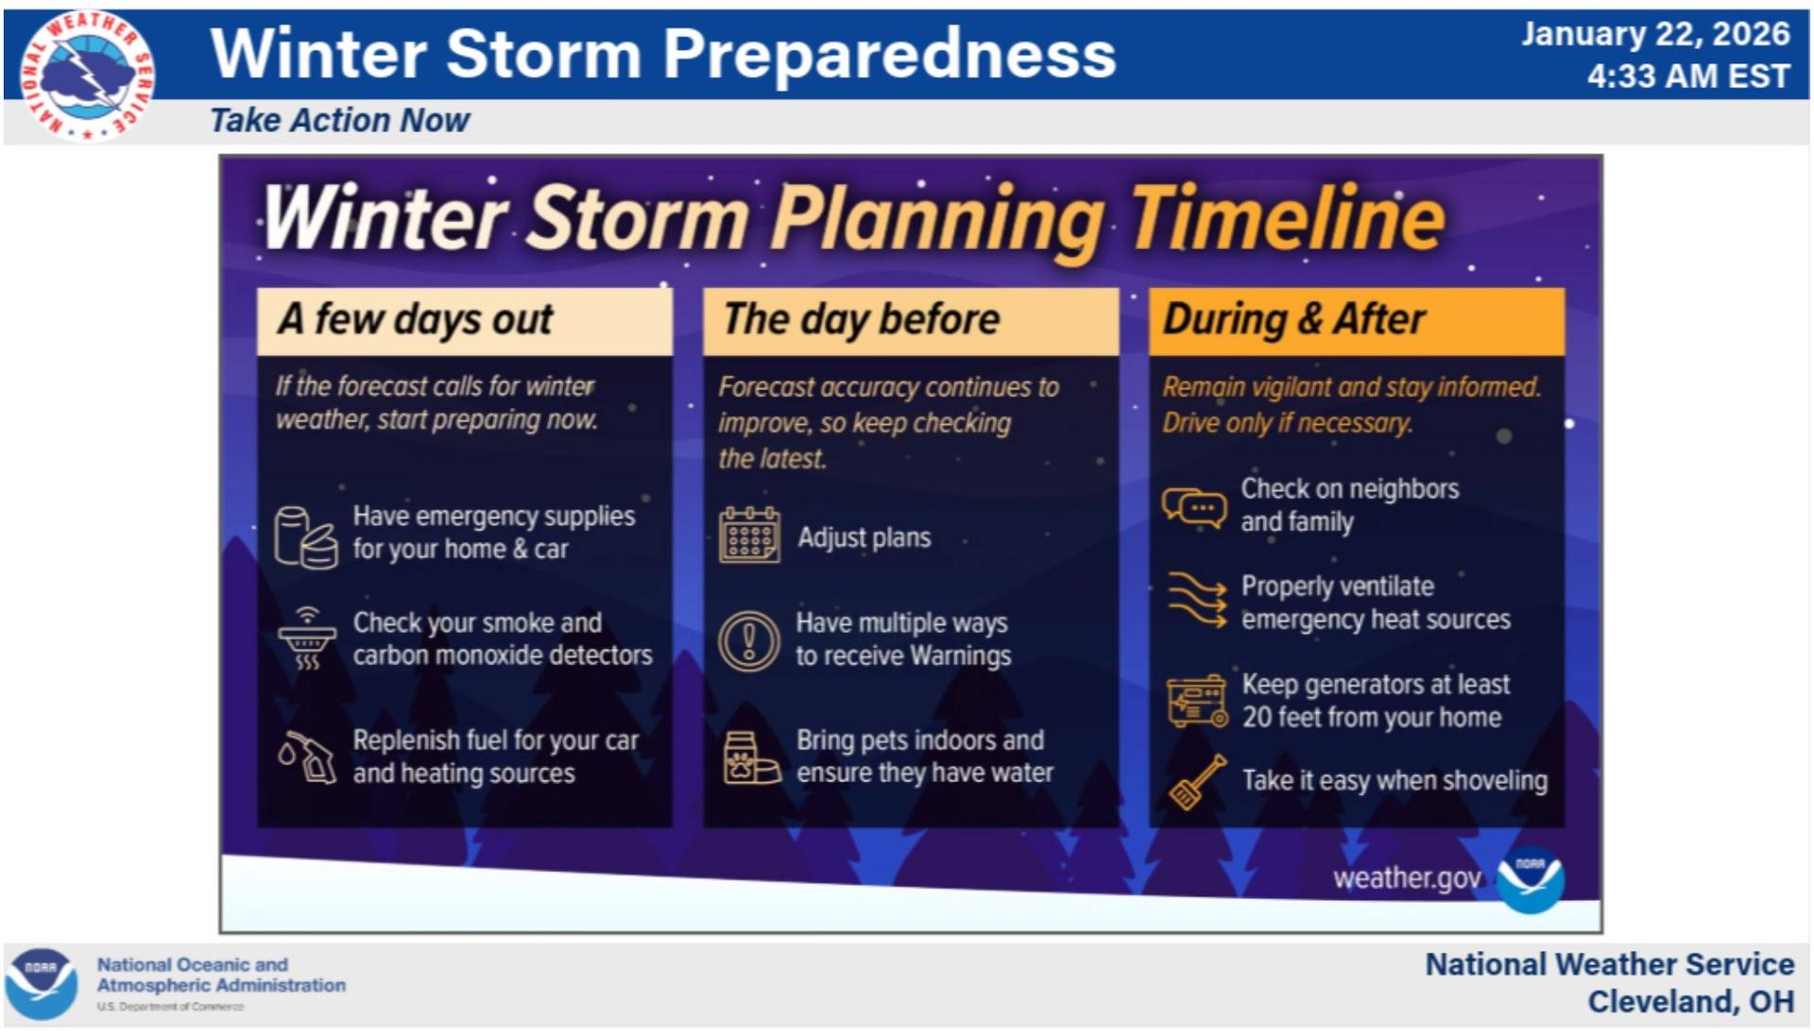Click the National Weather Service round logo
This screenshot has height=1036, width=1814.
88,76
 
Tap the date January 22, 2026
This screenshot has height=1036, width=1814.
1655,34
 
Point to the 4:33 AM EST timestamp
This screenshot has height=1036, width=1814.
1688,76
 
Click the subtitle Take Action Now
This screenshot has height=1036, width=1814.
339,121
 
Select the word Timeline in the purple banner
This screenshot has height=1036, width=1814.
1287,219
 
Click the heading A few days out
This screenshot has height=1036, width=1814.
416,319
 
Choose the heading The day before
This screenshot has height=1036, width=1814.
861,319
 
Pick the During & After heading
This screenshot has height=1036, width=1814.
1293,319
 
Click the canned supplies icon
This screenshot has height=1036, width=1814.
305,537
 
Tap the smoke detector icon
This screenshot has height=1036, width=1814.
306,638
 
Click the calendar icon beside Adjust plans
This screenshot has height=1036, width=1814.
749,535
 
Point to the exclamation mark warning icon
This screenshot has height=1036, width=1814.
748,641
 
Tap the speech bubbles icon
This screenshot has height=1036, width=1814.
1194,508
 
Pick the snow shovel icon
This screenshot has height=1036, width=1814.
1198,782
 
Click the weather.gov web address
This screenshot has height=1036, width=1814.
1407,879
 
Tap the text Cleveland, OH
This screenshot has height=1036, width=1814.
1690,1001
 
